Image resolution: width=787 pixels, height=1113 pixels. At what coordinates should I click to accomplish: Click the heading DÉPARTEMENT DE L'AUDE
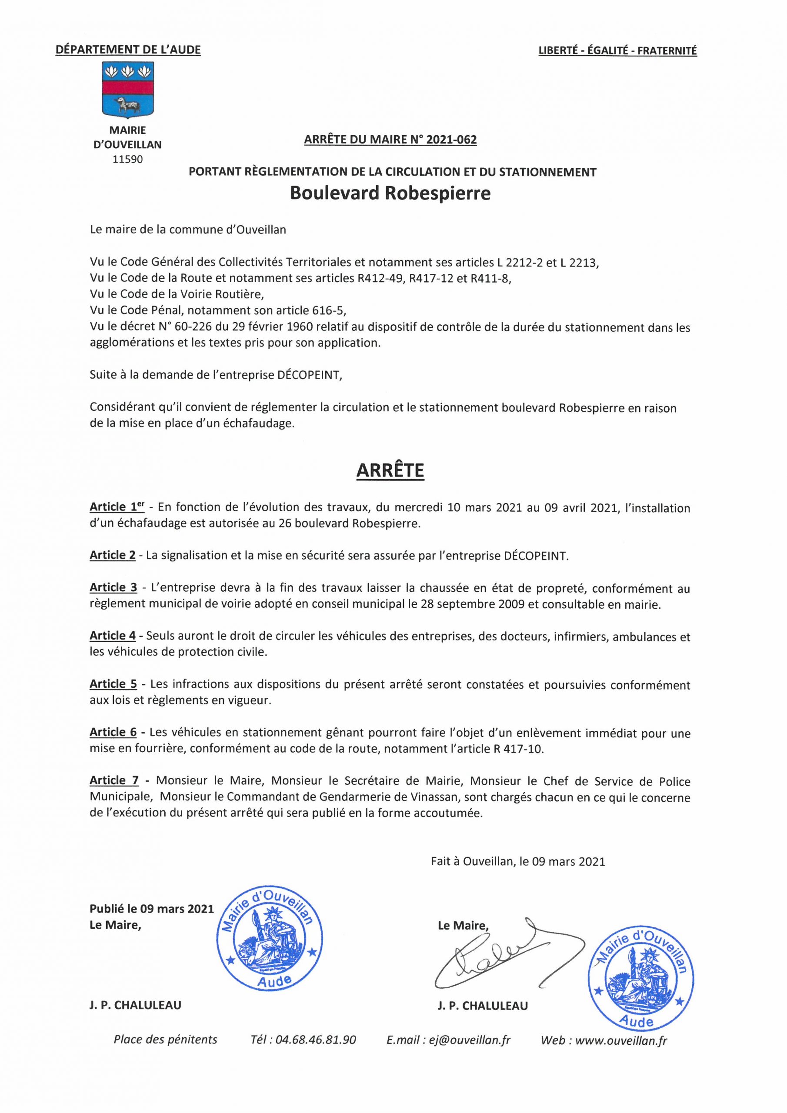coord(128,50)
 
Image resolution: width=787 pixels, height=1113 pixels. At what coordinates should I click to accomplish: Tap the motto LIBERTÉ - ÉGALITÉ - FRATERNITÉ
coord(617,50)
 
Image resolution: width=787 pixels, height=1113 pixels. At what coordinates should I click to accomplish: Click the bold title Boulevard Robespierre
coord(390,193)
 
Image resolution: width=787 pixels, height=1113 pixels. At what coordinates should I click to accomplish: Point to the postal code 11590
coord(127,160)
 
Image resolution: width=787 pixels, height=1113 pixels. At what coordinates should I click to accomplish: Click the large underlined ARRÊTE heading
coord(390,470)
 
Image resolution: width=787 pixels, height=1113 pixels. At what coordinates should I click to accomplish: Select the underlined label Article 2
coord(113,556)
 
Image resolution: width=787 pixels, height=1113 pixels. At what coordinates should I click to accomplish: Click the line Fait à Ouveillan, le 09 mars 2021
coord(517,861)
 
